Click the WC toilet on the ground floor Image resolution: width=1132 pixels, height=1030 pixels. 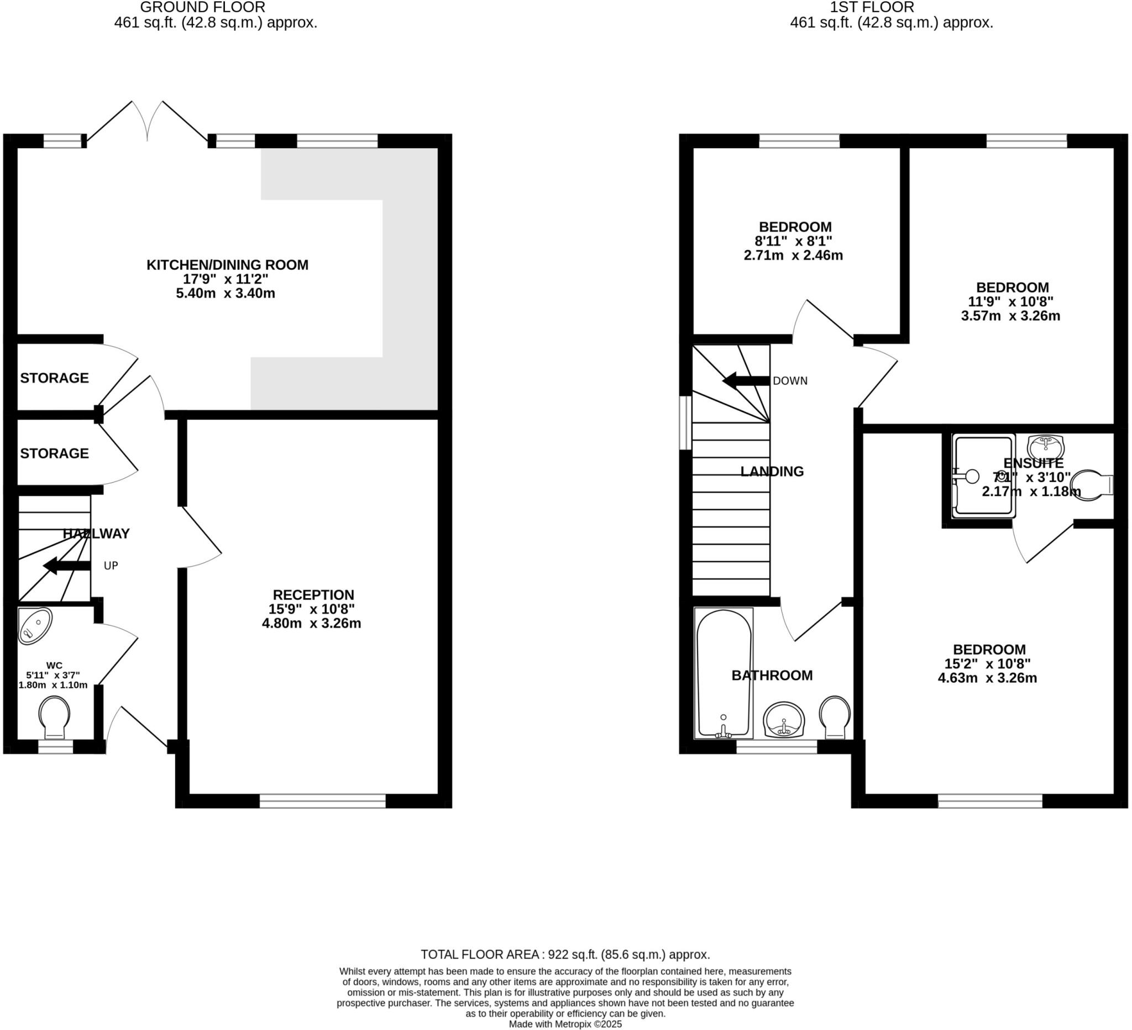(55, 718)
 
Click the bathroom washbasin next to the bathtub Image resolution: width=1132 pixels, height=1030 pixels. (784, 719)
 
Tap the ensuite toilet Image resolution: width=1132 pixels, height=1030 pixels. (1091, 485)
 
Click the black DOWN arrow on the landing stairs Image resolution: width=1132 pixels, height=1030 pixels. (746, 381)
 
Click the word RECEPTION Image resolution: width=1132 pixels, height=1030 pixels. (313, 595)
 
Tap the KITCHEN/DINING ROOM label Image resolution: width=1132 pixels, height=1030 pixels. (227, 264)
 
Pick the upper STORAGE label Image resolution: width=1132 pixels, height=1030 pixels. (55, 378)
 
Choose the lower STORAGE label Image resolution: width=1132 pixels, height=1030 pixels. (55, 453)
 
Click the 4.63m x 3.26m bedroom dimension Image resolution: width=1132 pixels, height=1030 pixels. (987, 678)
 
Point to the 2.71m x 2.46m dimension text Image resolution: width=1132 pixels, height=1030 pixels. (793, 255)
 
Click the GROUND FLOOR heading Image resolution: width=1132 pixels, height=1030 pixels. (203, 7)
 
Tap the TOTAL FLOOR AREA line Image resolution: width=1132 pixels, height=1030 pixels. (565, 954)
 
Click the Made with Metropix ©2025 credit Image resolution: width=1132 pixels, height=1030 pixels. (565, 1024)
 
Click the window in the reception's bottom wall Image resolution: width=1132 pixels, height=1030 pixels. (322, 801)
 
